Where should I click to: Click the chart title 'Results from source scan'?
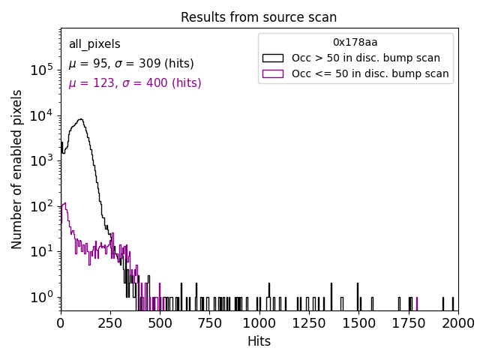(x=259, y=17)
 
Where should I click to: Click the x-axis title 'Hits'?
(x=259, y=341)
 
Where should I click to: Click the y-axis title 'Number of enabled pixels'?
(x=17, y=169)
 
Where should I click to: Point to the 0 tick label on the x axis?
(x=61, y=323)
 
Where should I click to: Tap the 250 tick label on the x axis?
(x=110, y=323)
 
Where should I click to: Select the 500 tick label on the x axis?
(x=160, y=323)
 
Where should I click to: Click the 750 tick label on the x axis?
(x=209, y=323)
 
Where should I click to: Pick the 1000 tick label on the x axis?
(x=259, y=323)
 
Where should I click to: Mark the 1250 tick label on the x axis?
(x=308, y=323)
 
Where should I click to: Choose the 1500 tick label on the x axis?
(x=358, y=323)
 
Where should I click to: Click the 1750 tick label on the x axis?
(x=408, y=323)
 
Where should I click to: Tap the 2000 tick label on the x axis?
(x=457, y=323)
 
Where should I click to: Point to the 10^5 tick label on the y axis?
(x=42, y=70)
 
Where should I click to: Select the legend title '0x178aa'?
(x=355, y=42)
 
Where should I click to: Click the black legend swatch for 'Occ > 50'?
(x=272, y=58)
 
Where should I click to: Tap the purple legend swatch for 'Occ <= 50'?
(x=272, y=73)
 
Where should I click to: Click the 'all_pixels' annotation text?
(x=94, y=44)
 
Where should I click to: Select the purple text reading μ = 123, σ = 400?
(x=135, y=83)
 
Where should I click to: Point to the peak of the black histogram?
(x=80, y=118)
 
